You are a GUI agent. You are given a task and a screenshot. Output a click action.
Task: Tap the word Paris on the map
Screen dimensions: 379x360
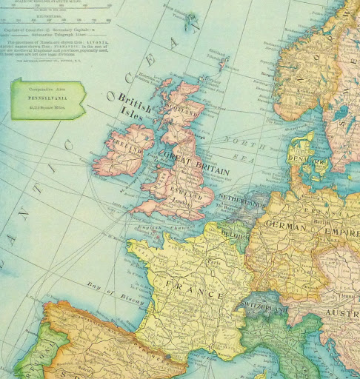216,261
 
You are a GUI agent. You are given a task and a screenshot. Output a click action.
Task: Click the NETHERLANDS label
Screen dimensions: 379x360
241,199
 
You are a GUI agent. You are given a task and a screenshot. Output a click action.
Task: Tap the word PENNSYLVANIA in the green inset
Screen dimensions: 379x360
47,96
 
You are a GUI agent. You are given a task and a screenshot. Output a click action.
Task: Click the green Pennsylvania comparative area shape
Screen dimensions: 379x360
47,99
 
